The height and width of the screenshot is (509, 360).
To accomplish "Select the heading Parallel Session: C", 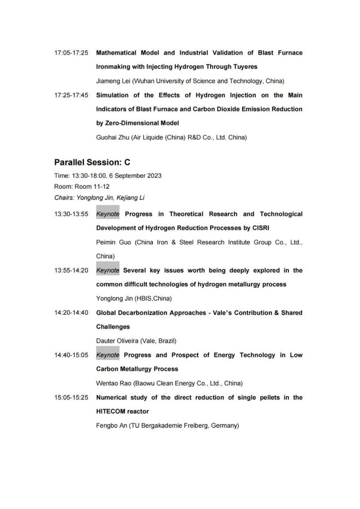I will point(92,163).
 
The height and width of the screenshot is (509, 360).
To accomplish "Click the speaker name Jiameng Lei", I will point(113,81).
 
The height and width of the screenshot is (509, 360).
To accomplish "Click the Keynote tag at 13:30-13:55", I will point(107,214).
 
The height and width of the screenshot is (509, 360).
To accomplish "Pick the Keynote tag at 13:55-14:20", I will point(107,270).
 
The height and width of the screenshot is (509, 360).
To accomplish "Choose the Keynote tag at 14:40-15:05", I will point(107,355).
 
